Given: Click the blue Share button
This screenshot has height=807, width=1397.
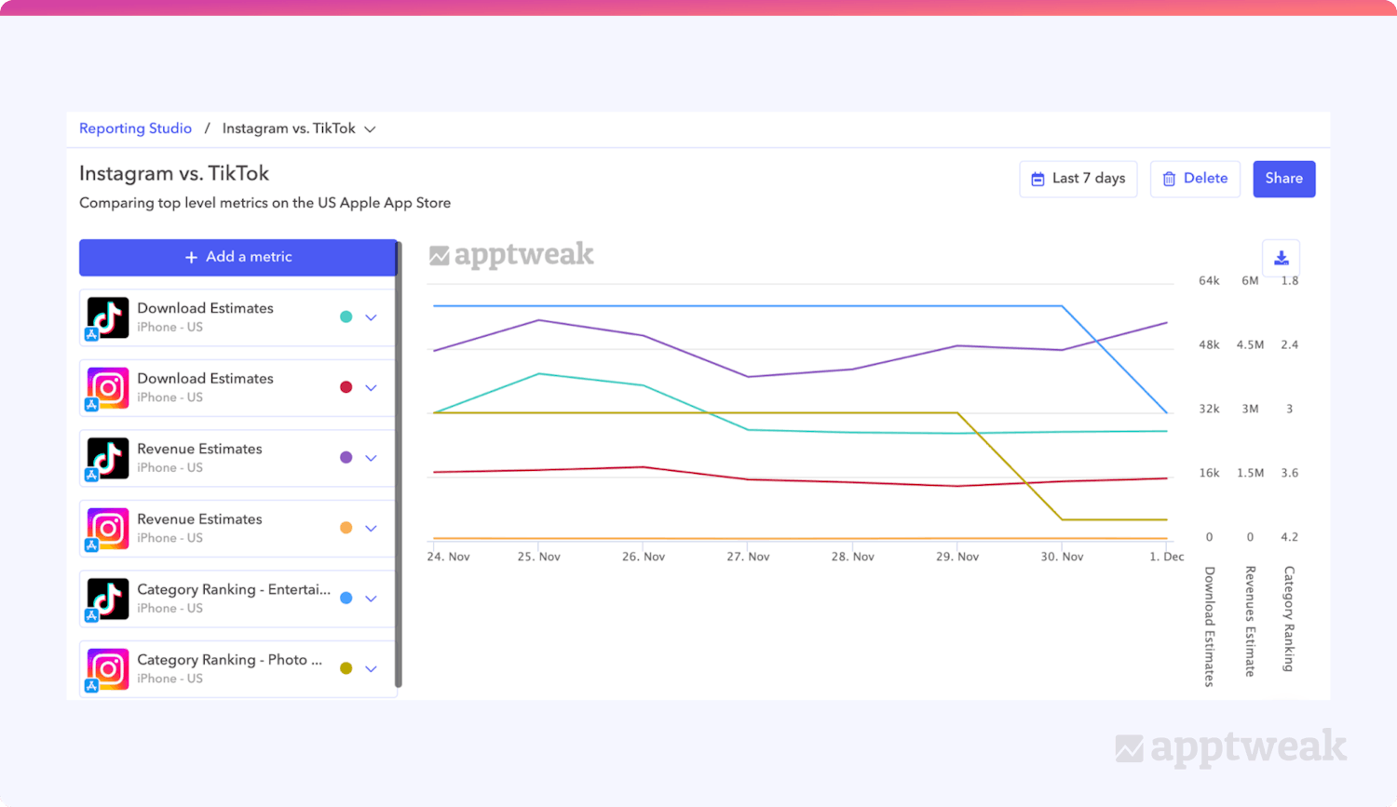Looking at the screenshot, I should click(1283, 179).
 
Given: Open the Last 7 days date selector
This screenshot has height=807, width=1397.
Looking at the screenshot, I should click(1078, 179).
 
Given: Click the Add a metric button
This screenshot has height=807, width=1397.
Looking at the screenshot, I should click(238, 257).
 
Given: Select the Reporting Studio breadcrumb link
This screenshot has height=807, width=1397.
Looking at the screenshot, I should click(135, 128).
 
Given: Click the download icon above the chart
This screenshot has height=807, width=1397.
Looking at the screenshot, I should click(1281, 258).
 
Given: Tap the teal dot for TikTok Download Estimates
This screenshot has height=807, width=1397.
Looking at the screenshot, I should click(346, 317).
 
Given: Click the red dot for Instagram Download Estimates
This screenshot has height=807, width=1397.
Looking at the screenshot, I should click(346, 387).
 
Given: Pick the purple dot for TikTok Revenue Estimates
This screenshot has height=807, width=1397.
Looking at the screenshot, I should click(346, 458).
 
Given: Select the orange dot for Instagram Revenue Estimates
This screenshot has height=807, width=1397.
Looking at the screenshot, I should click(346, 528).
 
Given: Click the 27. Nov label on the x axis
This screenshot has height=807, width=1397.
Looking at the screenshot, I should click(748, 557).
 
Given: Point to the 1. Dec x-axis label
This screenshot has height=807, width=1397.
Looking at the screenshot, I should click(1166, 557).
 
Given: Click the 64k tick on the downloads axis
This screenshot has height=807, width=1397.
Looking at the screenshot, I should click(1209, 281).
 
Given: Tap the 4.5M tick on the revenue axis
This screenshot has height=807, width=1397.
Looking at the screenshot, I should click(1250, 345).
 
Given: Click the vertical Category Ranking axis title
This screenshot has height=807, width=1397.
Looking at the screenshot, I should click(1289, 618).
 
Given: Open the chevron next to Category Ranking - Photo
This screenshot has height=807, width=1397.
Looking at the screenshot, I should click(371, 669).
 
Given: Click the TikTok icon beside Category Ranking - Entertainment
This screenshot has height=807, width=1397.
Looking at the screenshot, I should click(107, 599).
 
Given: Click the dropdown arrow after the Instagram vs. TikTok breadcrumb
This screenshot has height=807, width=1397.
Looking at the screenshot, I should click(370, 129).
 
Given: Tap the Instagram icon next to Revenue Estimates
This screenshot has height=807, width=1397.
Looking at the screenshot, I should click(107, 528).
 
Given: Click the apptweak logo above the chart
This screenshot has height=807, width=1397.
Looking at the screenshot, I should click(511, 254).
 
